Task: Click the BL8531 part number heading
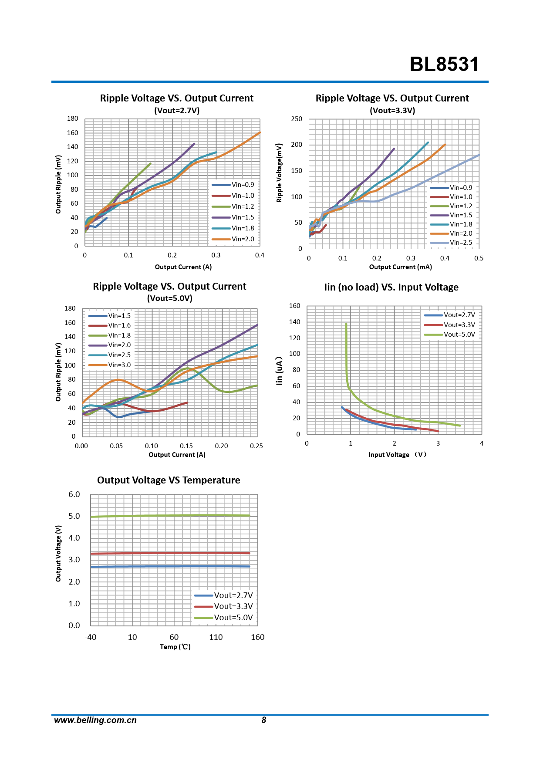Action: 444,64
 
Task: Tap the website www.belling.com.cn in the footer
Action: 95,720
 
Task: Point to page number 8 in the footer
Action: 263,720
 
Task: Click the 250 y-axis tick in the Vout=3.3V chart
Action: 297,119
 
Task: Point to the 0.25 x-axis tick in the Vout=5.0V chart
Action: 256,446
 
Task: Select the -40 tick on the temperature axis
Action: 90,637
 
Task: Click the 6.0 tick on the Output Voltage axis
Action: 74,494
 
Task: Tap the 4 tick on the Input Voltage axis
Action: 482,443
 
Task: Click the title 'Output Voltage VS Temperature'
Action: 169,480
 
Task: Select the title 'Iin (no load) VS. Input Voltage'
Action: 391,287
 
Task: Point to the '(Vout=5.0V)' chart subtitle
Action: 169,298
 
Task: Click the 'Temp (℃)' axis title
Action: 175,647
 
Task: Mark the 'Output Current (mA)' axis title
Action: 400,267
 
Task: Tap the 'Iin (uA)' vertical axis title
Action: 279,371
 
